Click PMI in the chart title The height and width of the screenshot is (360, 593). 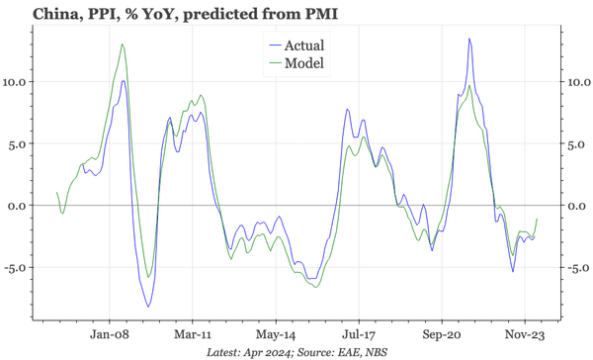pos(322,13)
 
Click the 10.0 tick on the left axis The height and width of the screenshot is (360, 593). pos(18,81)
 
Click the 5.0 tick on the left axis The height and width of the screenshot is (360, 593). pos(21,142)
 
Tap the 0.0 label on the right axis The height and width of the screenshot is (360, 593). pos(576,205)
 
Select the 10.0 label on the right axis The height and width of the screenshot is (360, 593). pos(579,81)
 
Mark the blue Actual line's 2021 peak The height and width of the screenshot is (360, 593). pos(469,40)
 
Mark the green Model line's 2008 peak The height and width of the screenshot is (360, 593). pos(122,45)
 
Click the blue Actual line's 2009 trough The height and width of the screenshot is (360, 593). pos(148,307)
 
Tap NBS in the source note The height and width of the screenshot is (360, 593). pos(376,351)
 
